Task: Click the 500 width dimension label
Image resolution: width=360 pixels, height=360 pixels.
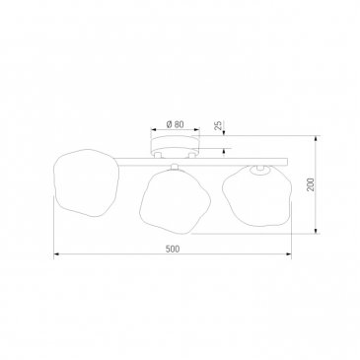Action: click(173, 250)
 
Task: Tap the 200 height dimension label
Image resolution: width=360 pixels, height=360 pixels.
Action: click(311, 184)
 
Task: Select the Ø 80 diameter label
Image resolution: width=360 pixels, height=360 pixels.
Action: click(175, 124)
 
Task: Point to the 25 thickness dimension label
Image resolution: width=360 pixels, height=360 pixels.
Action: click(218, 125)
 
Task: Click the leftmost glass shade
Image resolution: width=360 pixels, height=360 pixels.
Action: click(86, 182)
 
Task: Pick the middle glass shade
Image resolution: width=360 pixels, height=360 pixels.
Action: click(175, 201)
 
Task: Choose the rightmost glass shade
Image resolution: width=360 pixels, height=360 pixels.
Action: click(257, 196)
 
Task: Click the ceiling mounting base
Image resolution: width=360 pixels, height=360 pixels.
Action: click(175, 145)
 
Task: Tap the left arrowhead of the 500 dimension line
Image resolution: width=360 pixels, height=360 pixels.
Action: click(56, 253)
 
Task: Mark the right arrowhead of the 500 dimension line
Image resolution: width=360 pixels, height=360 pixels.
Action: click(289, 253)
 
